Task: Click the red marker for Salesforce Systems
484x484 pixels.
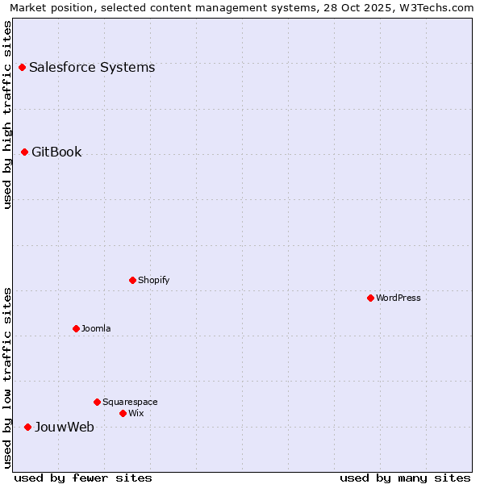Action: [x=22, y=68]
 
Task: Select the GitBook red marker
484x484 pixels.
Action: [x=24, y=152]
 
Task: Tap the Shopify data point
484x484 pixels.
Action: [x=132, y=281]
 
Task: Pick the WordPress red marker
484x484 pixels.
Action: [x=370, y=298]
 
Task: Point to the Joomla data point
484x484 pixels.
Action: [x=76, y=329]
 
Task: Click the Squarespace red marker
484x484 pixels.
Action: [x=97, y=402]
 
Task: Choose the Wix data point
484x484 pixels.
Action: [x=123, y=414]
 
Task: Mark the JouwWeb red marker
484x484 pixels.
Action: [x=27, y=428]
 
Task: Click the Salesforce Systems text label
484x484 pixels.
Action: [x=92, y=68]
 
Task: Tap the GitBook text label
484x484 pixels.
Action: [x=56, y=152]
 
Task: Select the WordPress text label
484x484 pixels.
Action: [x=398, y=298]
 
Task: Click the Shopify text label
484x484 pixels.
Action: [x=154, y=281]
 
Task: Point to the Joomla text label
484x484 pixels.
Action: [x=96, y=329]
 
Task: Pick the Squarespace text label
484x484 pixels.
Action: [x=130, y=402]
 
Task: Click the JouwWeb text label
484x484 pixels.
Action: [x=65, y=428]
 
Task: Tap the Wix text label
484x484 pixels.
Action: [x=136, y=414]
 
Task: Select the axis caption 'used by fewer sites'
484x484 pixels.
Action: [x=83, y=478]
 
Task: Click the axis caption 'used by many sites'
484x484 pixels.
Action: [x=405, y=478]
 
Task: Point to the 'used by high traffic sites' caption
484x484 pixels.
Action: [x=8, y=115]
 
